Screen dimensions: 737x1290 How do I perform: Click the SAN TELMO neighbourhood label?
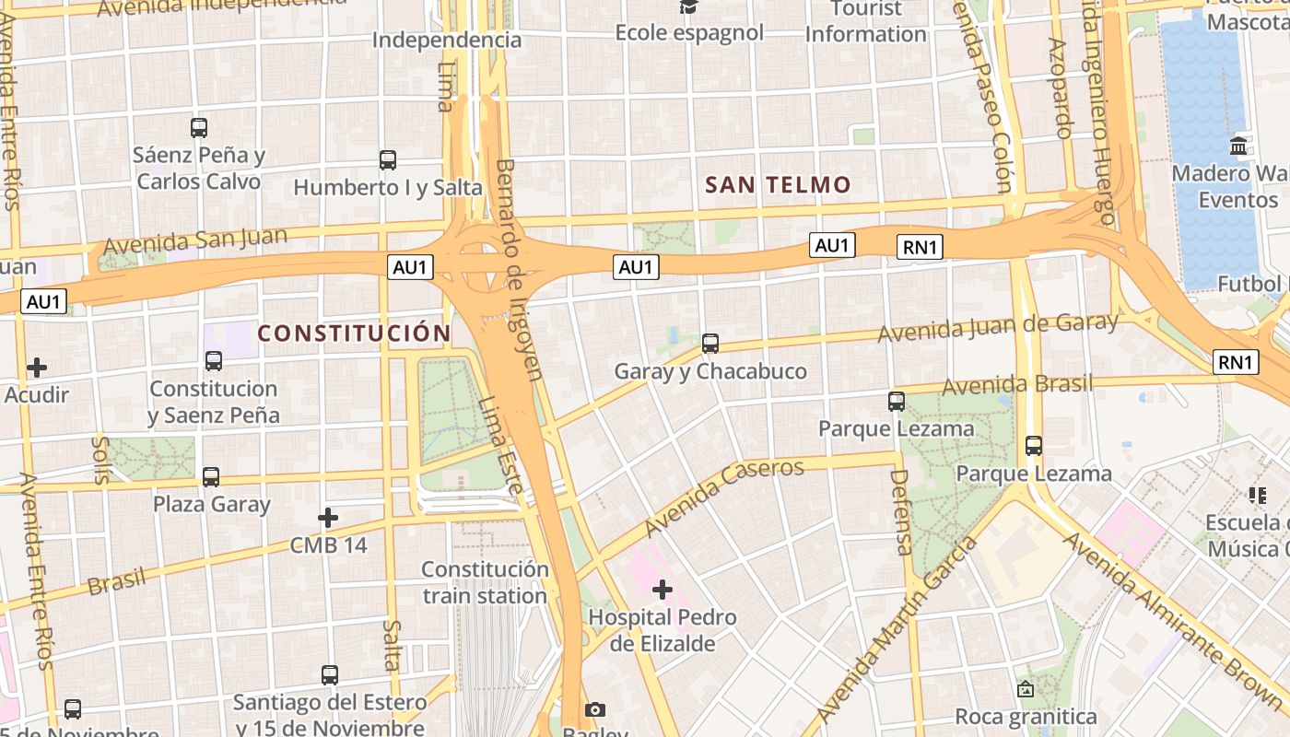pos(778,184)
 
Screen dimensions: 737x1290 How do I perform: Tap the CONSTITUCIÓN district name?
pos(354,333)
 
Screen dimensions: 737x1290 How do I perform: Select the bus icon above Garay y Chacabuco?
pos(710,344)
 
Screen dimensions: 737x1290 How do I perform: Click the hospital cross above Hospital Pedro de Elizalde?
pos(662,589)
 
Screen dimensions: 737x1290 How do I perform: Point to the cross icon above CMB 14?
pos(328,518)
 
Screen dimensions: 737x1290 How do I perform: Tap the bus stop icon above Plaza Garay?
pos(211,476)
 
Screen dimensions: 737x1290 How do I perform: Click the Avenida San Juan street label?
pos(195,241)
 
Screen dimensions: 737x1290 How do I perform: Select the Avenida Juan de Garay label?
pos(998,327)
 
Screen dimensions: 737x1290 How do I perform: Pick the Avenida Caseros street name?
pos(724,497)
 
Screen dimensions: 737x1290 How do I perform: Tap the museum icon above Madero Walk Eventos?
pos(1238,146)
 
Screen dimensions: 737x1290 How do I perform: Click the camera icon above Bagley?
pos(595,709)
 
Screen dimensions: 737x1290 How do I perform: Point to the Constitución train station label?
pos(485,582)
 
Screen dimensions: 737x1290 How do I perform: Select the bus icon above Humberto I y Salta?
pos(388,159)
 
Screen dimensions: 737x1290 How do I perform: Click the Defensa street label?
pos(901,512)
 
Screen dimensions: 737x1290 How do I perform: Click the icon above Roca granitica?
pos(1025,688)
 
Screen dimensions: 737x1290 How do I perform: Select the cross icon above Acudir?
pos(37,368)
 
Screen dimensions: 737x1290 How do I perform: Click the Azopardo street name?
pos(1061,88)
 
